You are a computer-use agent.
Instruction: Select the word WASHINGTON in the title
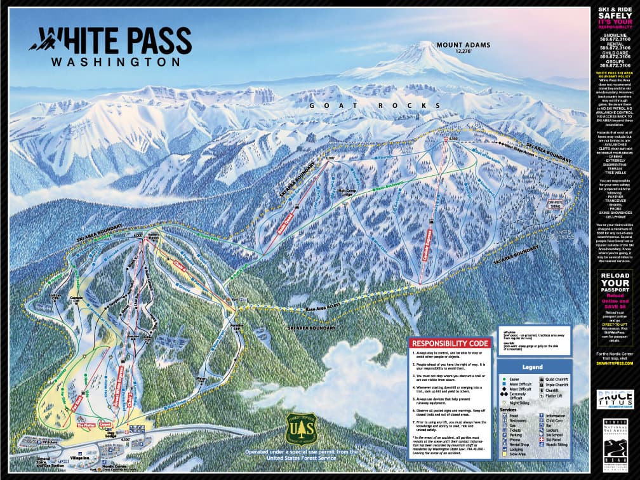coord(115,62)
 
